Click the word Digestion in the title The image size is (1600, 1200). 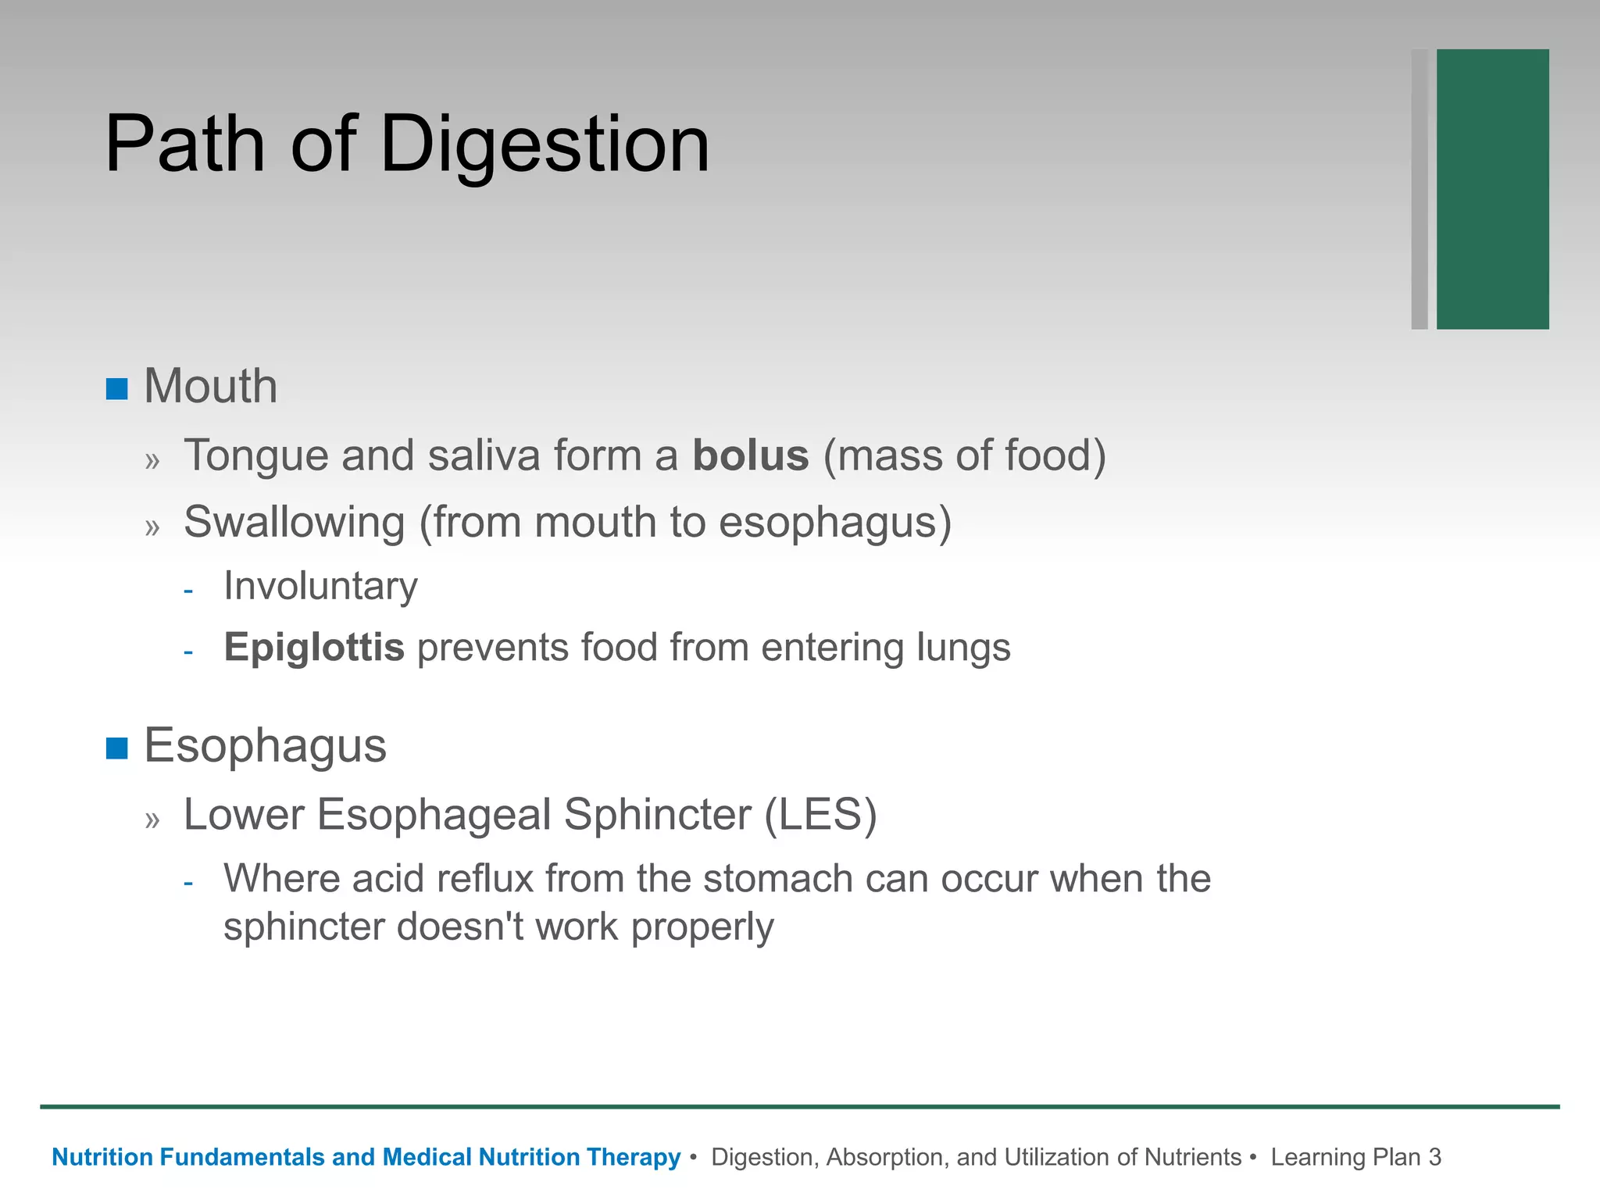(545, 145)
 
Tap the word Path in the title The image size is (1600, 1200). (184, 145)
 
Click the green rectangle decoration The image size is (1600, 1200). (1492, 189)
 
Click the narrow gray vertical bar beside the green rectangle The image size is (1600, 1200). (1420, 189)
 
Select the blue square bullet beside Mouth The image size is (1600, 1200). (117, 389)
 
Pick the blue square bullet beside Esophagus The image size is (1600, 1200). (117, 748)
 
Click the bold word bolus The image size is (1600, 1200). (751, 455)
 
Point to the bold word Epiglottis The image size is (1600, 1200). (314, 648)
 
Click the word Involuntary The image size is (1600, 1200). (320, 586)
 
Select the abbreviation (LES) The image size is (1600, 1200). (820, 815)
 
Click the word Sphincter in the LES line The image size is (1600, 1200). (657, 815)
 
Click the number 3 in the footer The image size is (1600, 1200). (1434, 1157)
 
